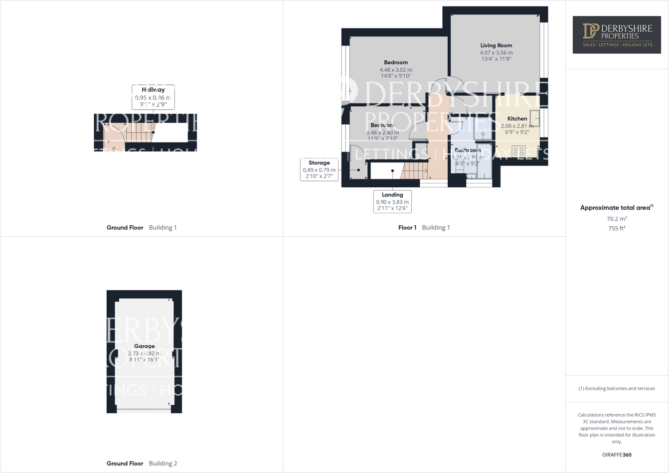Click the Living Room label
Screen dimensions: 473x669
coord(496,45)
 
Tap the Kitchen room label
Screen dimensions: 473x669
coord(517,119)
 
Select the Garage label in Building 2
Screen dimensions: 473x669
coord(144,346)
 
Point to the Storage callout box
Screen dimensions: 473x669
coord(319,169)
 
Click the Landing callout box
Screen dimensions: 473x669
coord(392,201)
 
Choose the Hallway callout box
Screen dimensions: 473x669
coord(153,97)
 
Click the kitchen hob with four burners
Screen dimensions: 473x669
coord(518,152)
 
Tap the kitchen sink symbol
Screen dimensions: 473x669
coord(534,118)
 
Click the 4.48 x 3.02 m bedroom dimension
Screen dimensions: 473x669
coord(396,70)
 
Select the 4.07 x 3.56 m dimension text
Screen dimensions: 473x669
coord(496,52)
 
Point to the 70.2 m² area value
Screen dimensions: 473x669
coord(617,219)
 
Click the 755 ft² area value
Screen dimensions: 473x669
coord(617,228)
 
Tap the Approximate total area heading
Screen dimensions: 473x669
coord(617,208)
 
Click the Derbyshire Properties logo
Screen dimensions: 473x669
coord(617,35)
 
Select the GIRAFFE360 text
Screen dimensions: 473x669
coord(617,455)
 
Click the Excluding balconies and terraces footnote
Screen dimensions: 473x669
coord(617,388)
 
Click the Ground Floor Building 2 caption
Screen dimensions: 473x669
coord(142,464)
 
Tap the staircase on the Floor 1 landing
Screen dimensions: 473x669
coord(415,171)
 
